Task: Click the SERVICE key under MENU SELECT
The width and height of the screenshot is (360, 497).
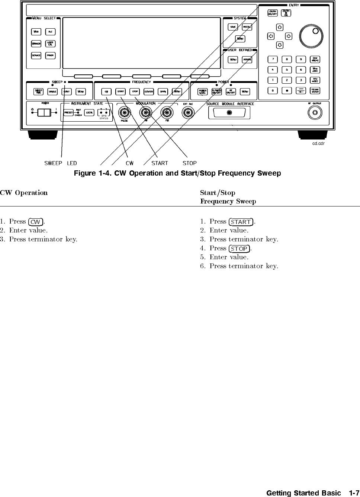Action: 36,55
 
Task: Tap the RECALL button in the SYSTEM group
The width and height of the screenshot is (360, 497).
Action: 247,27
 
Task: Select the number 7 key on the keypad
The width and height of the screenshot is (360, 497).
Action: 273,59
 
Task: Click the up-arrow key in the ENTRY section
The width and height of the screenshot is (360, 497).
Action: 280,27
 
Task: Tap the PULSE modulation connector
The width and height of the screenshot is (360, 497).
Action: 124,112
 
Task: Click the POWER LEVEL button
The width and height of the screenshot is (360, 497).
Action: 203,92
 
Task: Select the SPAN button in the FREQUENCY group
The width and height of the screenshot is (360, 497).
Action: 163,92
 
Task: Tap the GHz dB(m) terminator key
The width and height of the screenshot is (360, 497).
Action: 315,59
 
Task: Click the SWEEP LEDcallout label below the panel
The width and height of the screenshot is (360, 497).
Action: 61,163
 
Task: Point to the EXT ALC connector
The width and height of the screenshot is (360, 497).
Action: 188,112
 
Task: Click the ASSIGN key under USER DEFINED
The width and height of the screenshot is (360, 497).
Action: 247,60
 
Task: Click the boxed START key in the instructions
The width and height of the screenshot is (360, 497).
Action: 241,222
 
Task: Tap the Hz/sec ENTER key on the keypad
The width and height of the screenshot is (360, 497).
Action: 315,90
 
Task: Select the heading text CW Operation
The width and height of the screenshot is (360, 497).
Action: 24,193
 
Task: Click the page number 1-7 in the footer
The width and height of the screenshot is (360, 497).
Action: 354,493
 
